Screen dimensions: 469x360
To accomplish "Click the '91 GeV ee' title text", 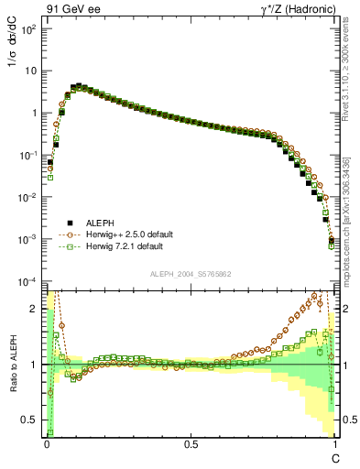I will pos(72,8).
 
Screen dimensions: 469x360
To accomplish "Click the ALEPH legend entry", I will pos(100,223).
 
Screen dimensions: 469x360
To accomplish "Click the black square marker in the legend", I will pos(67,223).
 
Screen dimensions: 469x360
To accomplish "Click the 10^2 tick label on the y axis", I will pos(29,29).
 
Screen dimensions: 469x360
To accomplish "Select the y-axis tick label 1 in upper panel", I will pos(35,114).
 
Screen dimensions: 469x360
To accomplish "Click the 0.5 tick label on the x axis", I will pos(191,444).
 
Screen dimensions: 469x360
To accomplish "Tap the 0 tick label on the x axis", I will pos(47,444).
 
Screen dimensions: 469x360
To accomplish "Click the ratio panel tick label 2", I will pos(36,308).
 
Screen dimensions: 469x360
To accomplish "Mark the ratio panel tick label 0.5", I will pos(30,420).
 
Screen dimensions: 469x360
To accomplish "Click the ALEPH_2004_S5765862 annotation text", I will pos(191,274).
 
